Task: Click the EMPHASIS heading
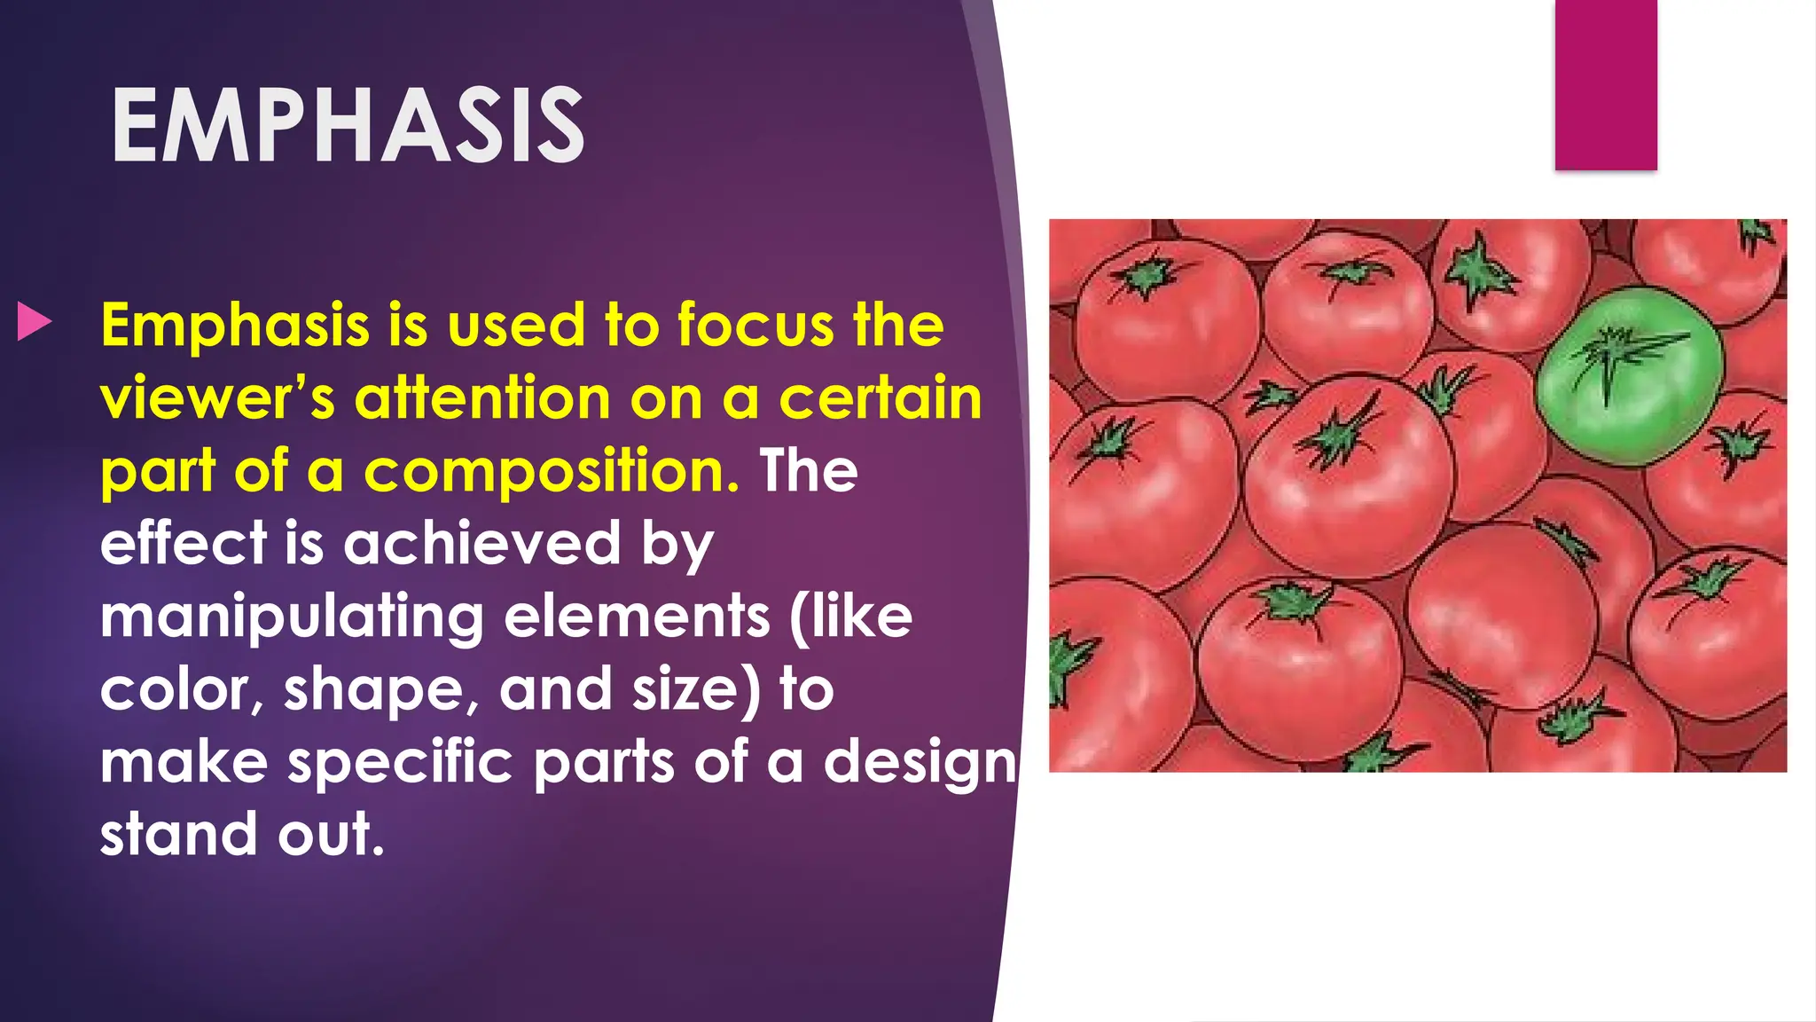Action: pos(348,127)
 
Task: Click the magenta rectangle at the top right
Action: pos(1605,84)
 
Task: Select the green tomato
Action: pos(1629,376)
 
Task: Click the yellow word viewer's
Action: pos(218,398)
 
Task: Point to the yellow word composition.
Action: pos(551,471)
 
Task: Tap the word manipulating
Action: pos(292,618)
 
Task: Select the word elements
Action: pos(637,617)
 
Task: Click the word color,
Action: pos(182,690)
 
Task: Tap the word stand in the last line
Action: pos(177,835)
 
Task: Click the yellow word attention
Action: pos(482,398)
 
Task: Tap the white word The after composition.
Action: pos(809,471)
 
